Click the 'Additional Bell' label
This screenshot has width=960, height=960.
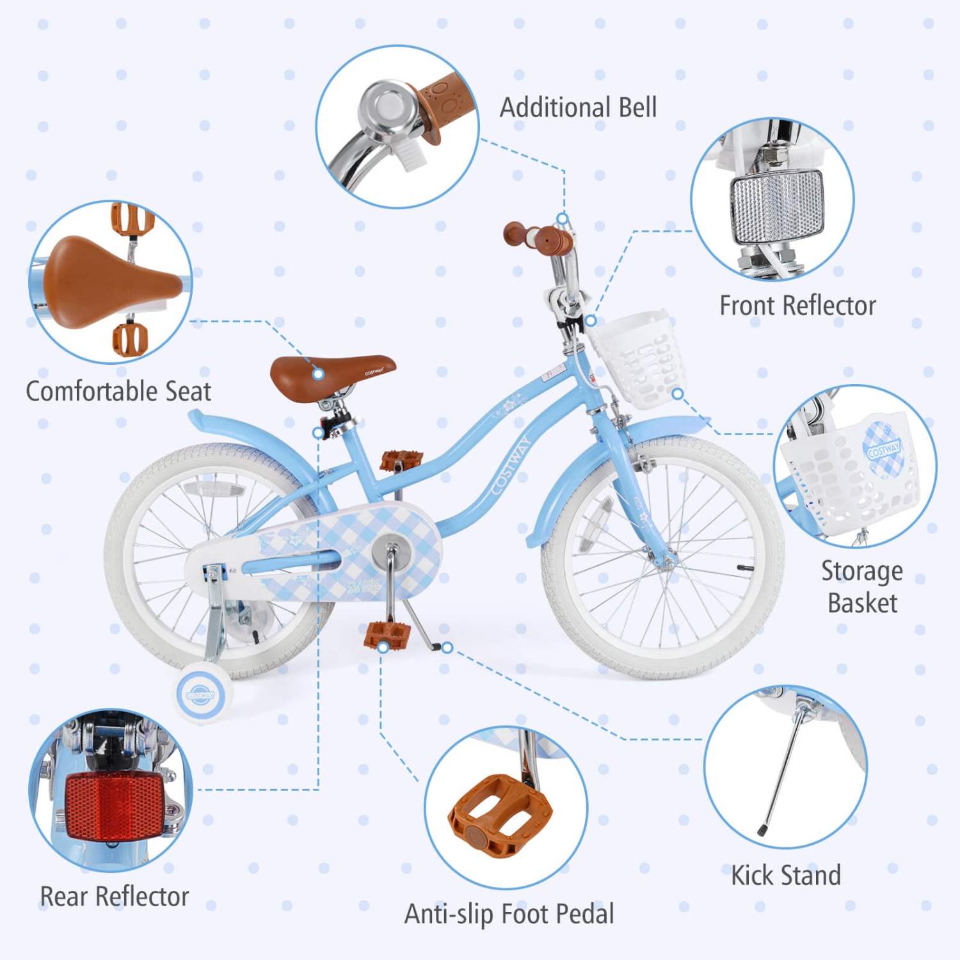pyautogui.click(x=578, y=108)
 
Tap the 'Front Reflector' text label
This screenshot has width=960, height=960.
pyautogui.click(x=797, y=306)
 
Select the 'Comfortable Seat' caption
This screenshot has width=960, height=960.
pyautogui.click(x=118, y=391)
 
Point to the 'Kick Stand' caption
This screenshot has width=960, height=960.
pyautogui.click(x=786, y=876)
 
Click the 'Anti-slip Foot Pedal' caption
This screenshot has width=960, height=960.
pyautogui.click(x=509, y=914)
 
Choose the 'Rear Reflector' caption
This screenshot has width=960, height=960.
pyautogui.click(x=115, y=897)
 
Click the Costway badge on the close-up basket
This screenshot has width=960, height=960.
pyautogui.click(x=883, y=450)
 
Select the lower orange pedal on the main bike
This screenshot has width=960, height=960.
pyautogui.click(x=387, y=635)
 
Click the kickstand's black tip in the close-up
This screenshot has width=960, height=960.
pyautogui.click(x=762, y=830)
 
